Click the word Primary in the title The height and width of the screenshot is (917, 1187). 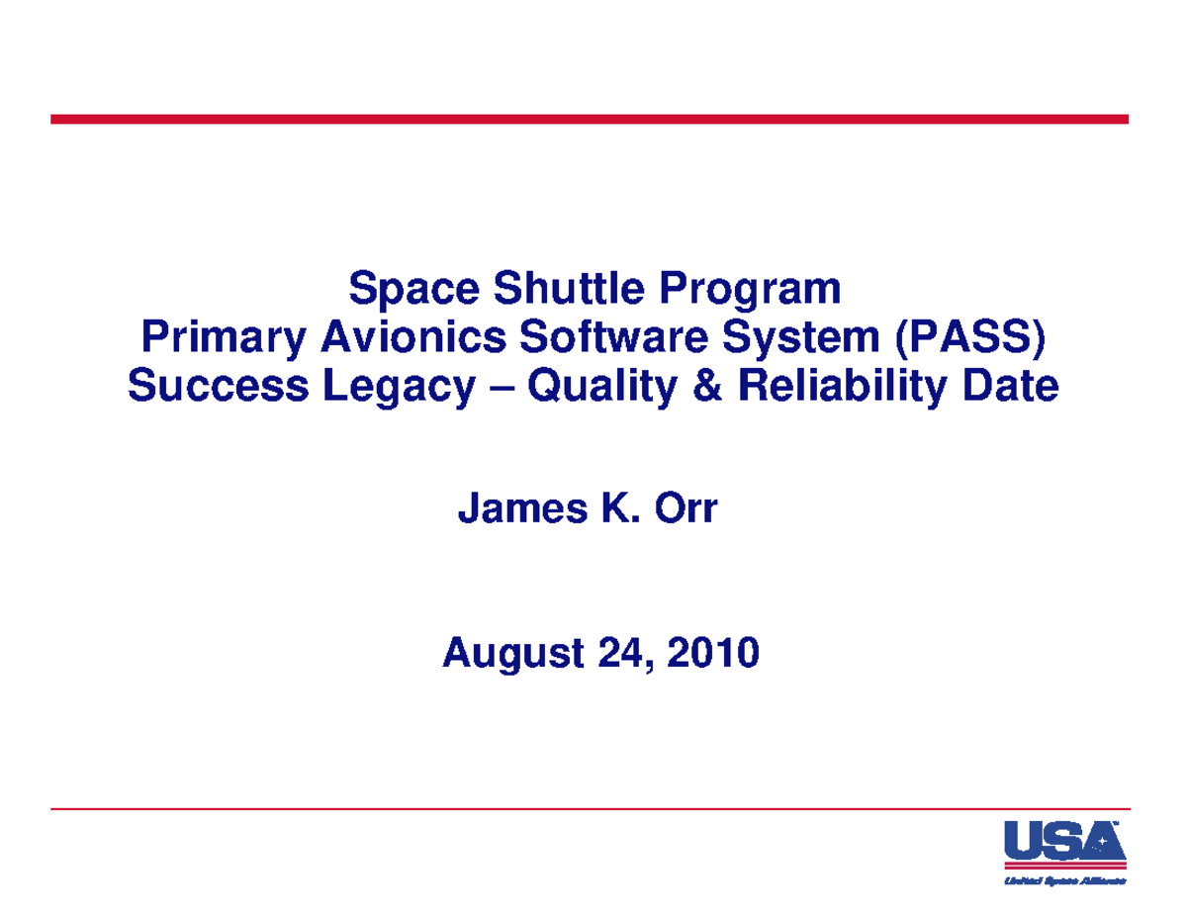click(224, 339)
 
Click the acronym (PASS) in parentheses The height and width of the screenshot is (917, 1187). click(968, 338)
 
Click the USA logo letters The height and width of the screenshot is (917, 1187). click(1063, 844)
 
